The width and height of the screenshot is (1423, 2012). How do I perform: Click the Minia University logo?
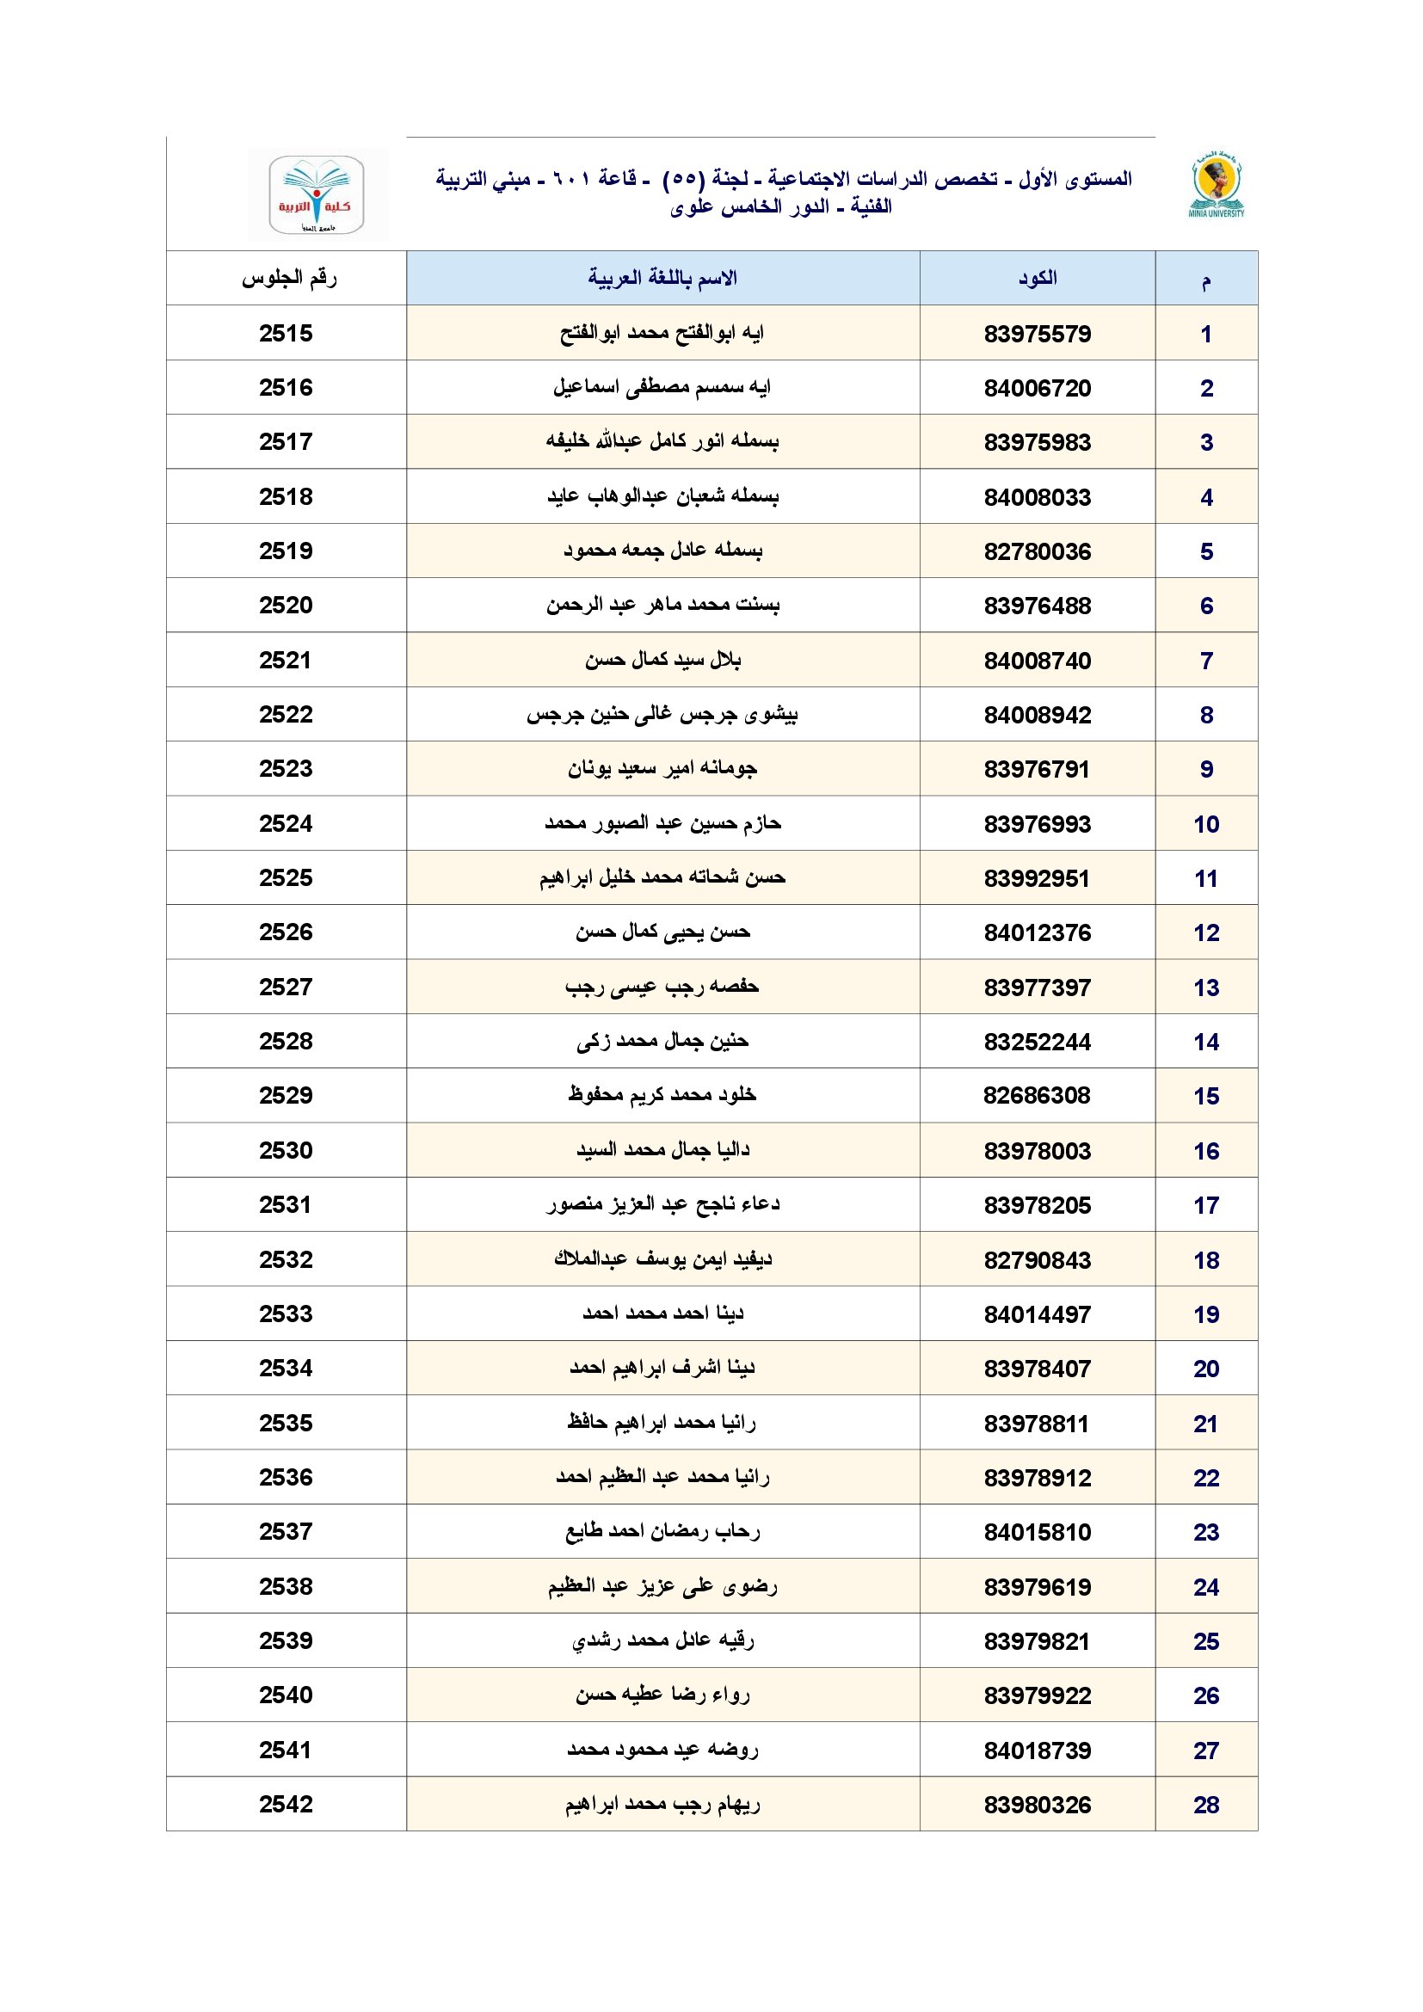[1217, 185]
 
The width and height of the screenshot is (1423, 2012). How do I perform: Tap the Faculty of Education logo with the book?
[316, 195]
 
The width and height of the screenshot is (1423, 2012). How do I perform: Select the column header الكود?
[1037, 279]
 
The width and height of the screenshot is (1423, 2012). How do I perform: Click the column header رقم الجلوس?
[288, 279]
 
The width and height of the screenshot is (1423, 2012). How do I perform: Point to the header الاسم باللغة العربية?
[662, 279]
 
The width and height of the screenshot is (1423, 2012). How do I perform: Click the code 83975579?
[1037, 334]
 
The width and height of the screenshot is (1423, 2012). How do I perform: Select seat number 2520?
[286, 606]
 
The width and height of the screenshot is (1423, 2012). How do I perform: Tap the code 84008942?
[1037, 715]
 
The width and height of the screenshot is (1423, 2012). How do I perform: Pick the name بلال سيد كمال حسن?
[662, 660]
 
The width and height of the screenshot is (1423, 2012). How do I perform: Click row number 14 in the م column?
[1205, 1042]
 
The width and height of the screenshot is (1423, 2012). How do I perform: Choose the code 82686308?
[1037, 1095]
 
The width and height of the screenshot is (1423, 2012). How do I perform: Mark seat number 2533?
[286, 1314]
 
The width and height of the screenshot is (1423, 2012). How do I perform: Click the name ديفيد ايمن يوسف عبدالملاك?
[662, 1259]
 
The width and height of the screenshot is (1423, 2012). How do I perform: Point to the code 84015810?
[1037, 1532]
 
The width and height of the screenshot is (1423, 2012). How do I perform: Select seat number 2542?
[286, 1805]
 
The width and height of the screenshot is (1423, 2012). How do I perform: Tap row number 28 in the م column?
[1205, 1805]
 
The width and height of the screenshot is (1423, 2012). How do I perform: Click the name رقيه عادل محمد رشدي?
[662, 1640]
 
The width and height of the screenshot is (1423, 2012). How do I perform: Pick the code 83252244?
[1037, 1042]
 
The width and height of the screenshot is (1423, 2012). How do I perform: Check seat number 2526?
[286, 932]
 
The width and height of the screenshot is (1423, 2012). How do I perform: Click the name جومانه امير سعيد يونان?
[662, 768]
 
